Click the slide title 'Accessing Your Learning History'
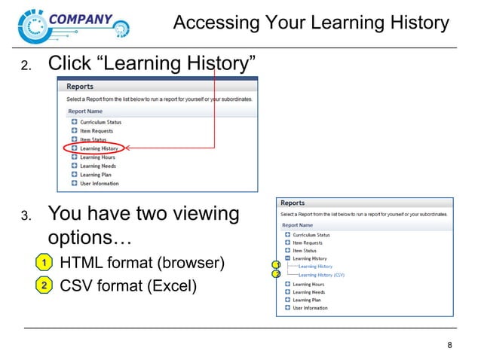point(311,23)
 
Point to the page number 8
point(450,346)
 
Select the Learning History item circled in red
point(99,148)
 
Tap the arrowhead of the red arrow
point(129,148)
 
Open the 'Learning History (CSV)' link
point(322,275)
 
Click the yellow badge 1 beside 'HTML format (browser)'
point(44,264)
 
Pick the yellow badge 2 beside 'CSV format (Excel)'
point(44,285)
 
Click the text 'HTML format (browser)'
point(142,264)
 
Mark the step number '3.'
point(25,218)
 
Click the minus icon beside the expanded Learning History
point(287,258)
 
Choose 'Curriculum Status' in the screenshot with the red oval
point(100,122)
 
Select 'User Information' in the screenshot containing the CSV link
point(310,308)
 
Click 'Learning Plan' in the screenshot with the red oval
point(96,175)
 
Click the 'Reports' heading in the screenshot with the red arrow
point(81,87)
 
